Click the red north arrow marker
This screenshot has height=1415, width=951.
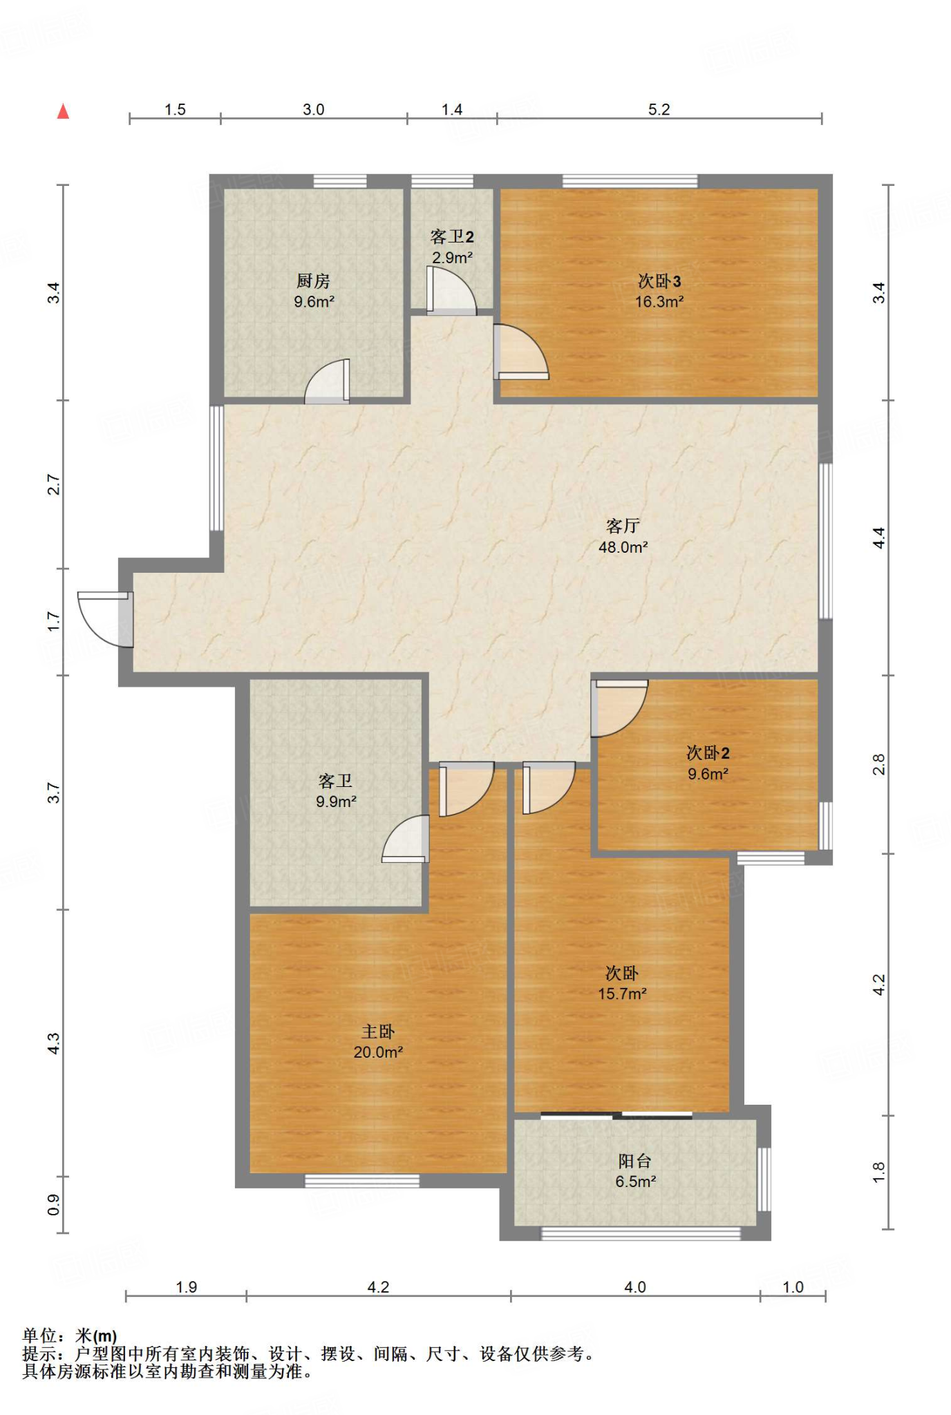pos(63,111)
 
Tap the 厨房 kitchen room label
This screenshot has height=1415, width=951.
pos(313,281)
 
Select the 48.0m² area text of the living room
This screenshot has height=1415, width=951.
pos(623,547)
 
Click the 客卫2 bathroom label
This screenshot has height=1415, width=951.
pos(452,237)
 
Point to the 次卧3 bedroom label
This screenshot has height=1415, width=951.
pos(659,281)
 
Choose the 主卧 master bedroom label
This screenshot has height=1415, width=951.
pos(378,1032)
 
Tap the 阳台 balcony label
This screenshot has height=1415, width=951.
pos(635,1161)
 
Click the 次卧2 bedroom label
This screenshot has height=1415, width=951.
pos(708,752)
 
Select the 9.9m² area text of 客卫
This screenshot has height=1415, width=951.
pos(336,801)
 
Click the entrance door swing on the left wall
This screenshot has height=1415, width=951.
pos(105,619)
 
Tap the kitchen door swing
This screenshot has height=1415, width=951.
pos(327,381)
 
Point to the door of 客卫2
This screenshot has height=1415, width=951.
pos(451,291)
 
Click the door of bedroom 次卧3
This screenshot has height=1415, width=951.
pos(520,352)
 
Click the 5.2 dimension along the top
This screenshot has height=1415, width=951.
pos(659,109)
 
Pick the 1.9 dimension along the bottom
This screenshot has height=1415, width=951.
pos(187,1287)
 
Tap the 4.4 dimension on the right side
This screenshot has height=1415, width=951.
pos(878,538)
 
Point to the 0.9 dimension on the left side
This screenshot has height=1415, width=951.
pos(54,1205)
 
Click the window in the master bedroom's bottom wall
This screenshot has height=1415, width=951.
pos(362,1181)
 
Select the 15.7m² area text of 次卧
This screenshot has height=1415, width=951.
pos(622,994)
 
